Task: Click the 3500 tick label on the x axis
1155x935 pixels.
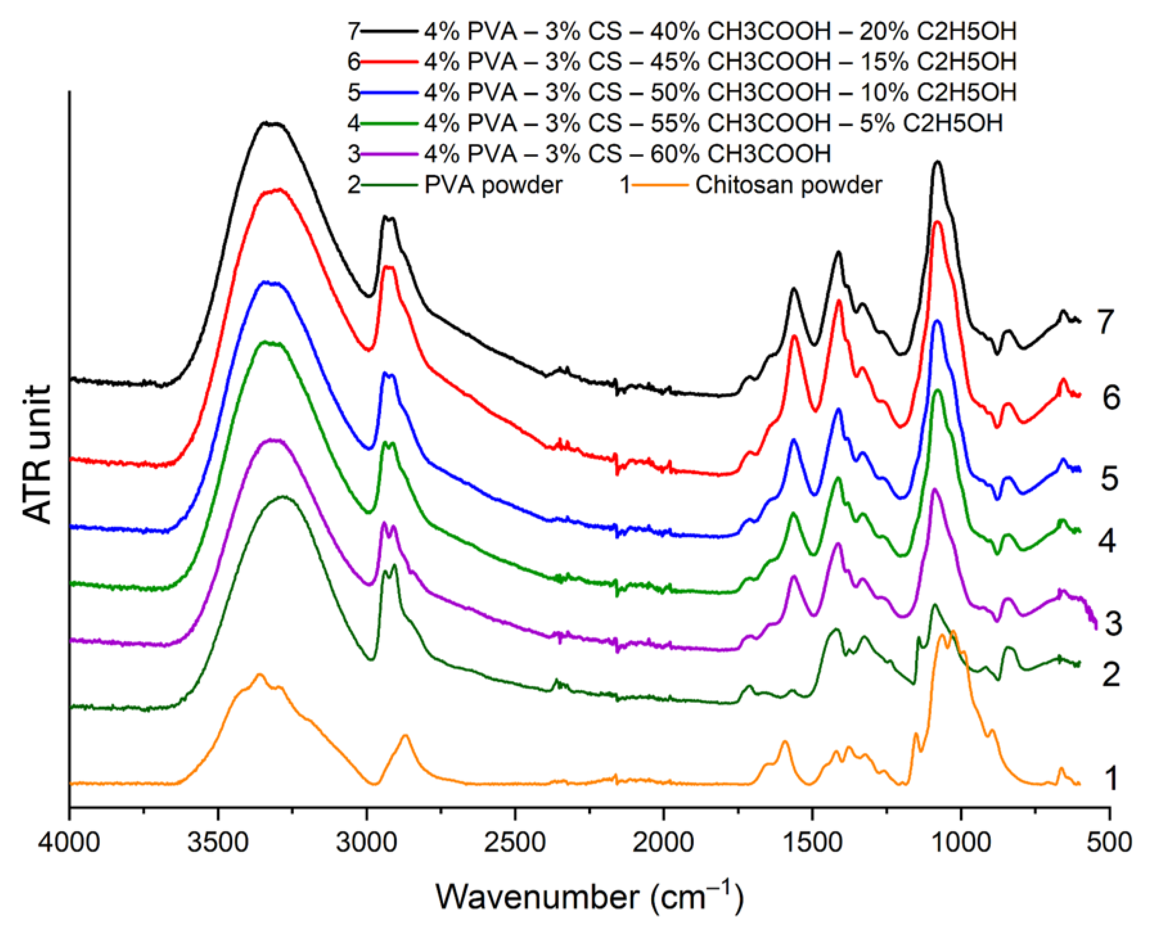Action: [x=218, y=842]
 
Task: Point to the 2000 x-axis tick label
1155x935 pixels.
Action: [x=663, y=842]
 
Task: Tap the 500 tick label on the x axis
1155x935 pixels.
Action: [x=1109, y=842]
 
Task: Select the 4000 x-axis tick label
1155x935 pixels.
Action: [x=69, y=842]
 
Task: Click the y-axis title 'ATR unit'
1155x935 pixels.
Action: [x=38, y=454]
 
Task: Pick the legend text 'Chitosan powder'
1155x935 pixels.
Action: [x=788, y=185]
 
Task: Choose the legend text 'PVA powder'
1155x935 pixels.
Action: [x=493, y=185]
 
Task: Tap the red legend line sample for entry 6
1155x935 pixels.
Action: [x=389, y=62]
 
